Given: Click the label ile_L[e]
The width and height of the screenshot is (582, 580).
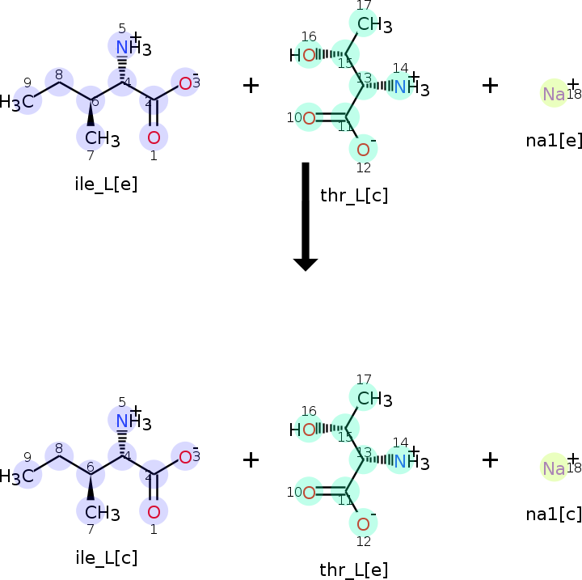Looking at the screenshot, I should pos(106,184).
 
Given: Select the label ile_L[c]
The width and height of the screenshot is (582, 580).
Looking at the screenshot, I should pos(106,557).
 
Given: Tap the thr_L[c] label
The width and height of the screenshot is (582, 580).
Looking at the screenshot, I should pos(355,195).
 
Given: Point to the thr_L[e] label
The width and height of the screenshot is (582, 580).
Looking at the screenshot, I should pos(354,569).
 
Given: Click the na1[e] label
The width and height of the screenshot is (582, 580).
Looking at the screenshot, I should pos(554,140).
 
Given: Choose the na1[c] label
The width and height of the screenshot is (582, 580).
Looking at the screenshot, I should pos(554,514).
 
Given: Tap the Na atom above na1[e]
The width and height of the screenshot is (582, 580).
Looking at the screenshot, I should pos(554,94).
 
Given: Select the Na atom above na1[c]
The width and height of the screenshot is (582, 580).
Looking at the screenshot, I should pos(554,468).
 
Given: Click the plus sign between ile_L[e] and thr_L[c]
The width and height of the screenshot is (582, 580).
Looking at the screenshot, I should pos(251,85).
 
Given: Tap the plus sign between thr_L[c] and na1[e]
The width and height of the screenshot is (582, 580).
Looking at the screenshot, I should pos(490,85).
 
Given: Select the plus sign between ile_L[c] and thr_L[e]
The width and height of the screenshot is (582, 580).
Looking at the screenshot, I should pos(251,459).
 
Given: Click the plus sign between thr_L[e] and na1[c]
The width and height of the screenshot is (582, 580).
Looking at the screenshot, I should pos(490,459).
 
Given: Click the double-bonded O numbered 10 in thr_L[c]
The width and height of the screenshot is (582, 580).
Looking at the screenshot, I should pos(308,118).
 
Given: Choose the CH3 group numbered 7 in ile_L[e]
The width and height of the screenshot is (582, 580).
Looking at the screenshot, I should pos(101,139).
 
